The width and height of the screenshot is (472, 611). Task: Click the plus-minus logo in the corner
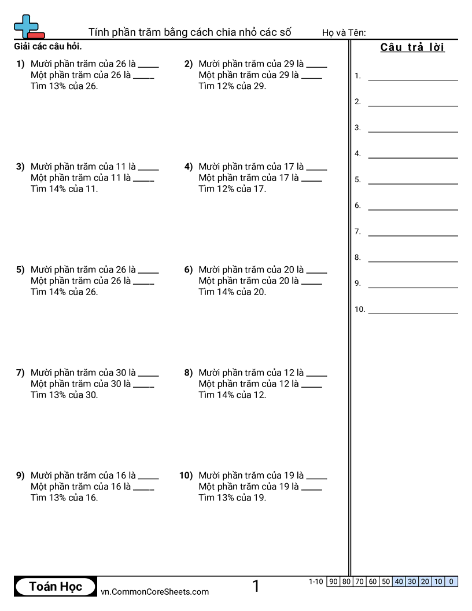point(28,27)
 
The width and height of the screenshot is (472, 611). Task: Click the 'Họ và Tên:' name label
point(344,33)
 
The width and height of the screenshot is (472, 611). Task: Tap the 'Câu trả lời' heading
point(412,47)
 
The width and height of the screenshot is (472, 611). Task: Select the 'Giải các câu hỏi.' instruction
point(47,46)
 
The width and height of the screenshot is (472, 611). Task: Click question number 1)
point(20,64)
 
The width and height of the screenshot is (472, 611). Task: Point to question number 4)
point(189,167)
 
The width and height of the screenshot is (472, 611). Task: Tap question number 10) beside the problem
point(186,476)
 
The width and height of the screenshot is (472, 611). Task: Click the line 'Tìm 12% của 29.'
point(232,86)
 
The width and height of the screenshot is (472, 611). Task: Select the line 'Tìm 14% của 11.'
point(64,189)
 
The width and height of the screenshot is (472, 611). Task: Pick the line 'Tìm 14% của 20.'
point(232,292)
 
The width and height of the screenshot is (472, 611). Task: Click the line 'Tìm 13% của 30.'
point(64,395)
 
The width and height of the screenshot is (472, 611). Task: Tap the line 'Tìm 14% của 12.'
point(232,395)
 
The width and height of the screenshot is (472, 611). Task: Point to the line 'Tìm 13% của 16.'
point(64,498)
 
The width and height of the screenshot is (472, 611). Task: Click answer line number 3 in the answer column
point(412,128)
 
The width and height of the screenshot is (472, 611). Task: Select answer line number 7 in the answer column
point(412,232)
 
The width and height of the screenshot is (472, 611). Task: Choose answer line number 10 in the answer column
point(412,310)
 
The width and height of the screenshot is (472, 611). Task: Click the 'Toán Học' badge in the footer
point(56,587)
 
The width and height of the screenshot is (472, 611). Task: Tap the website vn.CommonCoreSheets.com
point(154,591)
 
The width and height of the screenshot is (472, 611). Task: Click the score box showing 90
point(333,581)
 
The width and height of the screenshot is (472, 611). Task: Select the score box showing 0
point(451,581)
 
